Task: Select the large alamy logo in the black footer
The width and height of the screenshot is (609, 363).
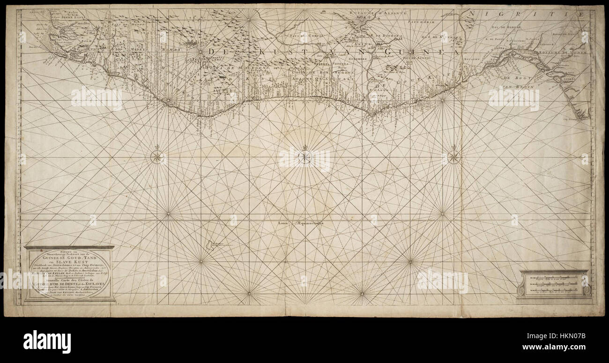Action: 47,341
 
